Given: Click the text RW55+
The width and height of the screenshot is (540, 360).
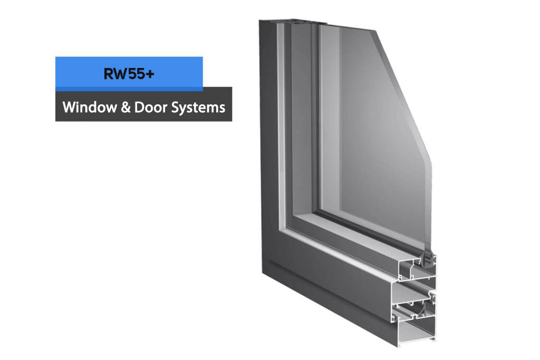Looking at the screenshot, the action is (129, 74).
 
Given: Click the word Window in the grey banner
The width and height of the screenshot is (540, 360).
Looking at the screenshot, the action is (90, 107).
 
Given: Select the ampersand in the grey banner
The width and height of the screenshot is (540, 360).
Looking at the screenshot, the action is (126, 108).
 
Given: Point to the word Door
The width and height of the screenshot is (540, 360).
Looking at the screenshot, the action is (150, 107).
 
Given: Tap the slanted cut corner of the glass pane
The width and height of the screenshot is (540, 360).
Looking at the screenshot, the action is (403, 93).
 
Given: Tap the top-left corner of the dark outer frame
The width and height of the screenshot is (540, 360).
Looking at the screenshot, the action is (259, 21).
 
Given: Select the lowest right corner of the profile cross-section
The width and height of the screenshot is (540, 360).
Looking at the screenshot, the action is (435, 339).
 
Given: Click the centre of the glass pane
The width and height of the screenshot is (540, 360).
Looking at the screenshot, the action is (372, 138).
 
